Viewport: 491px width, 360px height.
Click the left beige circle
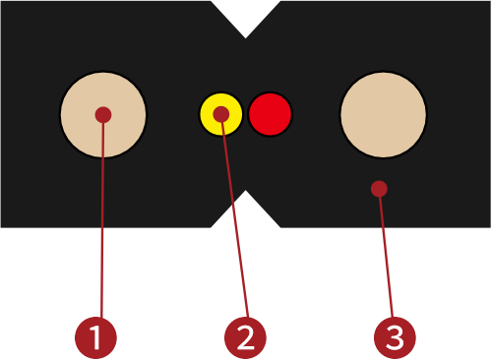tap(89, 128)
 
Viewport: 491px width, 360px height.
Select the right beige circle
tap(383, 114)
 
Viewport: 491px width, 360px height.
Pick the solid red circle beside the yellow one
tap(270, 114)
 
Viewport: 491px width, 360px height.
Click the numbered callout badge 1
tap(95, 337)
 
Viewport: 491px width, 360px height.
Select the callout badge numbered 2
tap(245, 337)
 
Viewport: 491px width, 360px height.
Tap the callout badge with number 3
tap(395, 337)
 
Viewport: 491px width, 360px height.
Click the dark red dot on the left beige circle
tap(102, 114)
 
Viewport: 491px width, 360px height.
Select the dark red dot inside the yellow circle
tap(221, 114)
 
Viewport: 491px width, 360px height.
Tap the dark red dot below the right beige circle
tap(379, 188)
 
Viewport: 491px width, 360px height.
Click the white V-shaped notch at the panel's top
tap(245, 15)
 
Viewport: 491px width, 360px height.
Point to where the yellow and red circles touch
tap(245, 114)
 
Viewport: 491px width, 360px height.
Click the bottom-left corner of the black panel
tap(2, 226)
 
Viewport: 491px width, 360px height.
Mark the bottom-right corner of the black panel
tap(488, 226)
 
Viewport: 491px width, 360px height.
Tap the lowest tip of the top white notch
tap(245, 36)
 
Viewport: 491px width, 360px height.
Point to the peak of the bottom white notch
tap(245, 193)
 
